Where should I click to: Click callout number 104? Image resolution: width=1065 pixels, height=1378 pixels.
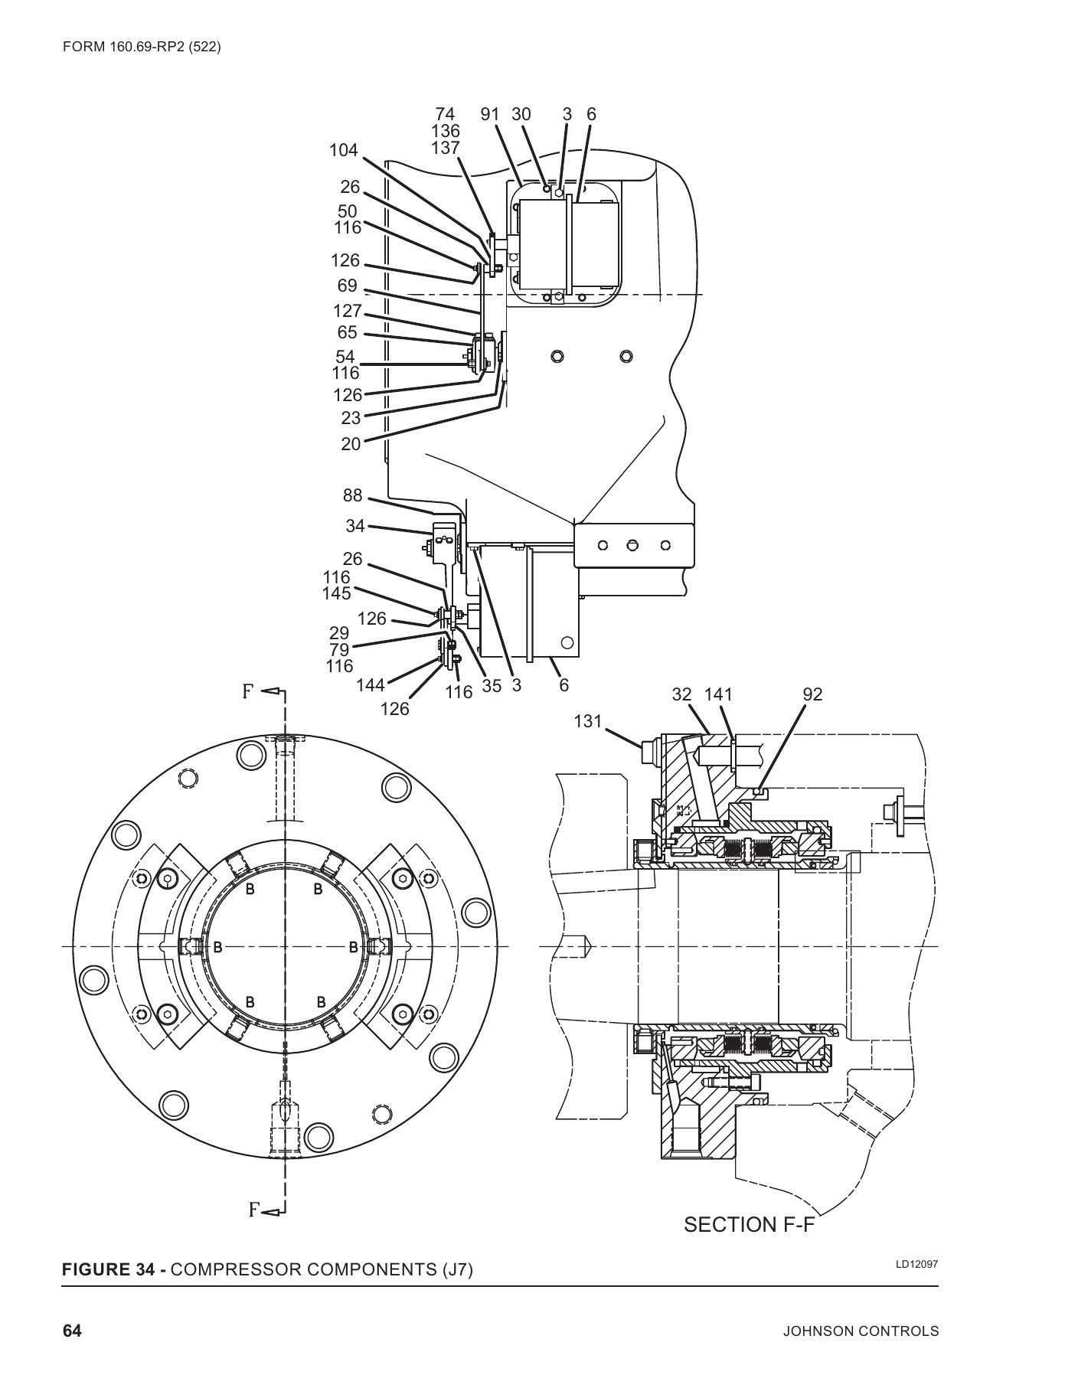[x=343, y=150]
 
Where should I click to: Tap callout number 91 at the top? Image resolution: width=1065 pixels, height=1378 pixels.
[x=490, y=114]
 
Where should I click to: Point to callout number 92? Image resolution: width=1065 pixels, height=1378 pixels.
[x=812, y=694]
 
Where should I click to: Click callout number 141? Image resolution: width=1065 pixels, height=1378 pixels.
[x=718, y=694]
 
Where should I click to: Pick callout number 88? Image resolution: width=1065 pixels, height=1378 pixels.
[x=352, y=495]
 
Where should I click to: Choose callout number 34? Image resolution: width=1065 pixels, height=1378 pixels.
[x=354, y=526]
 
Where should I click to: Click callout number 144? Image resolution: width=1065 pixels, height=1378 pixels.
[x=371, y=685]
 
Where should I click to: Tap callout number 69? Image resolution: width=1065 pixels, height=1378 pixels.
[x=347, y=286]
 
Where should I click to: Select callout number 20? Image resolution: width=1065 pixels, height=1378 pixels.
[x=351, y=443]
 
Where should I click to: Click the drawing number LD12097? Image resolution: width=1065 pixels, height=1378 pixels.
[x=916, y=1264]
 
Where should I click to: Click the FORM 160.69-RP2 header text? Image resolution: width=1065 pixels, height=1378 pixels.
[x=142, y=47]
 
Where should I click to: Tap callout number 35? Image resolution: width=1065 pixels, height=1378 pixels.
[x=492, y=686]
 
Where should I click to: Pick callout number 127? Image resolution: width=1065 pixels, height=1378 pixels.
[x=347, y=311]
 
